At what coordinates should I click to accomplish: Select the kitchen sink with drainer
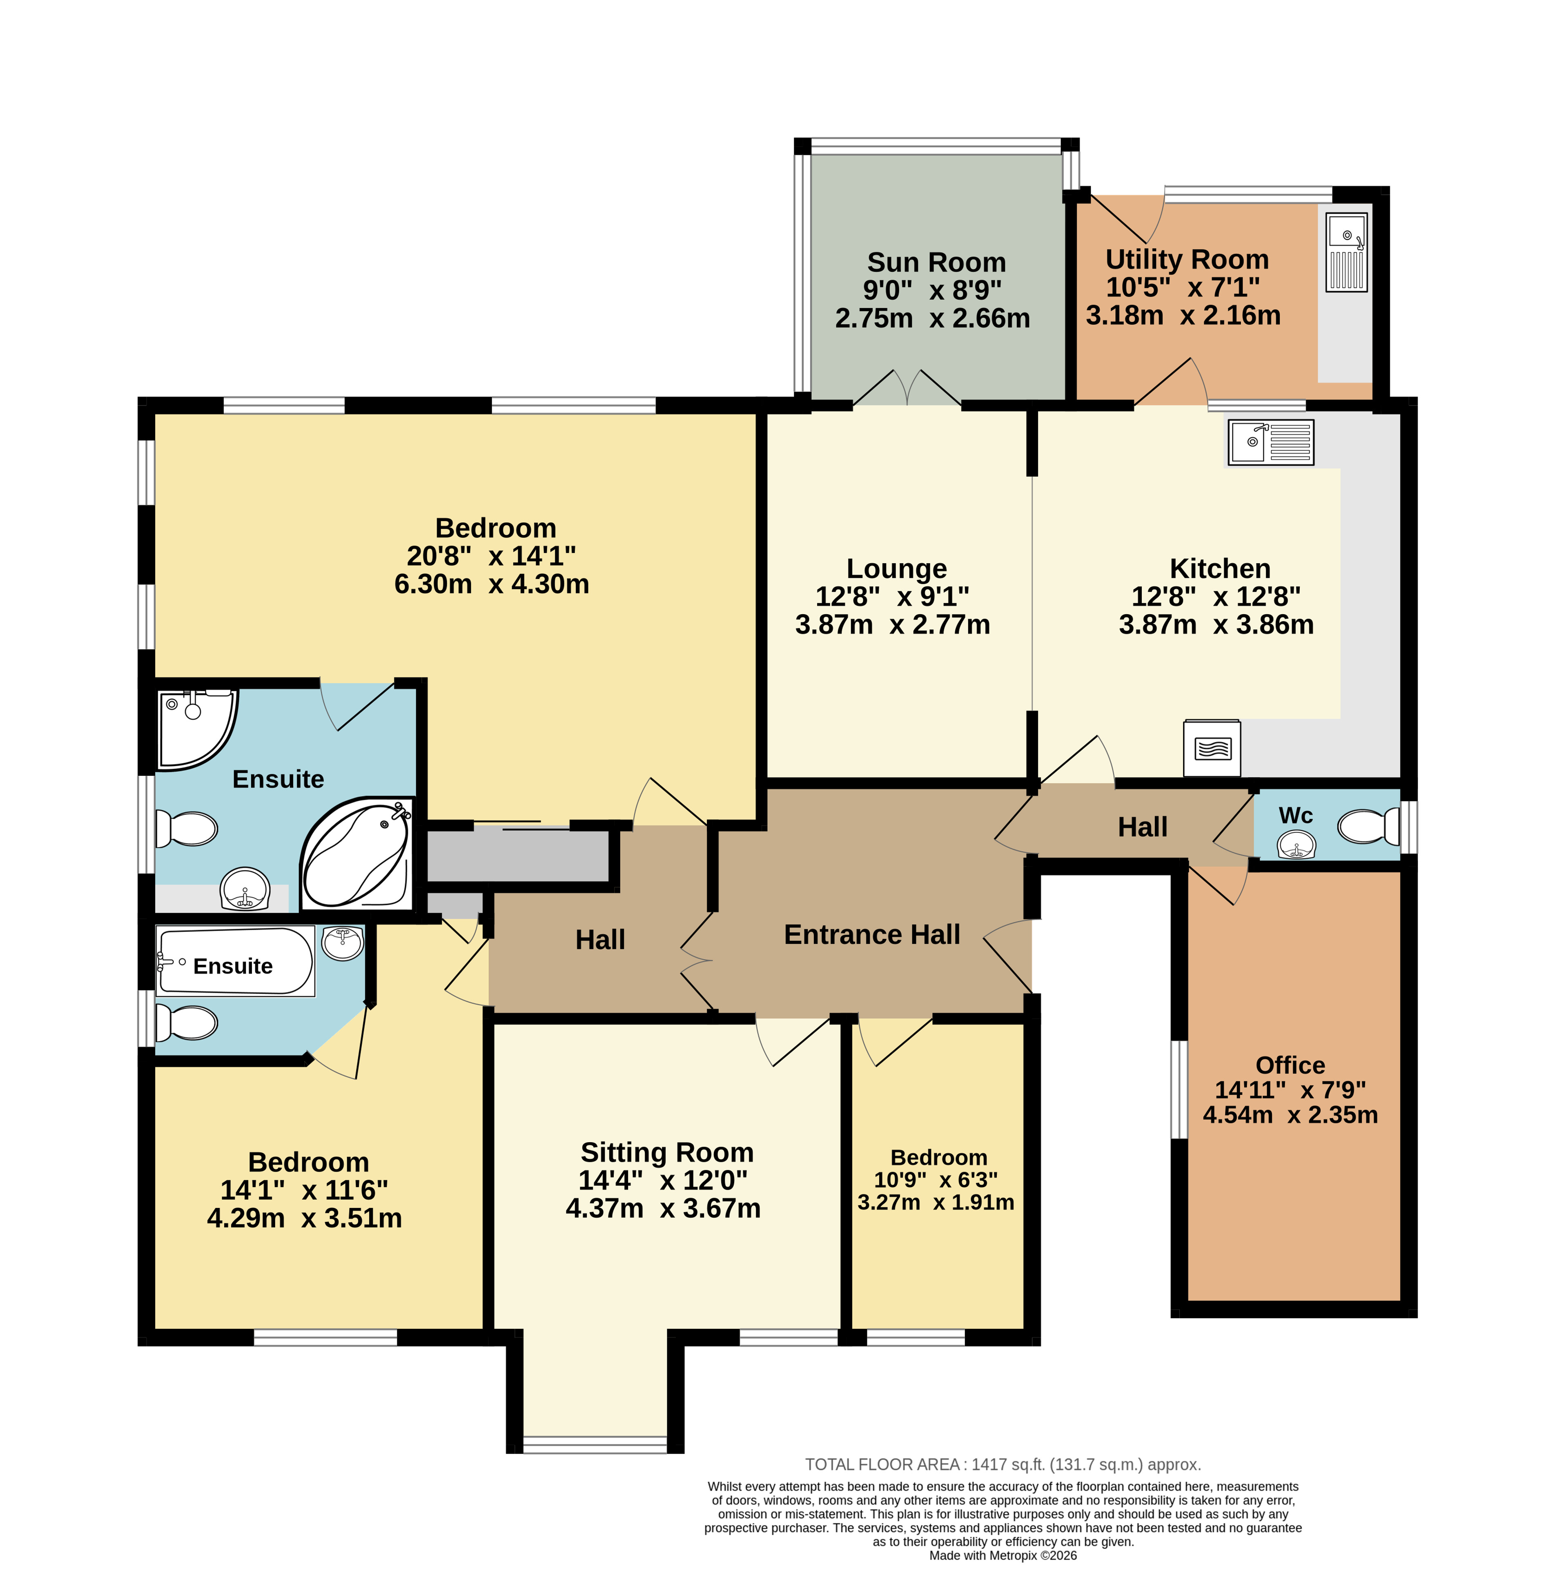[x=1271, y=442]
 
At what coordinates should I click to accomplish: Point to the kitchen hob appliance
[x=1212, y=747]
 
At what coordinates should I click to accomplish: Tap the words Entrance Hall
[x=872, y=934]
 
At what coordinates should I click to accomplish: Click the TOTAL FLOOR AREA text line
[x=1003, y=1464]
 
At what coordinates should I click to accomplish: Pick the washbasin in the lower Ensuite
[x=343, y=943]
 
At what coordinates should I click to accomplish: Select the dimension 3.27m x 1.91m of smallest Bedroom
[x=936, y=1202]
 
